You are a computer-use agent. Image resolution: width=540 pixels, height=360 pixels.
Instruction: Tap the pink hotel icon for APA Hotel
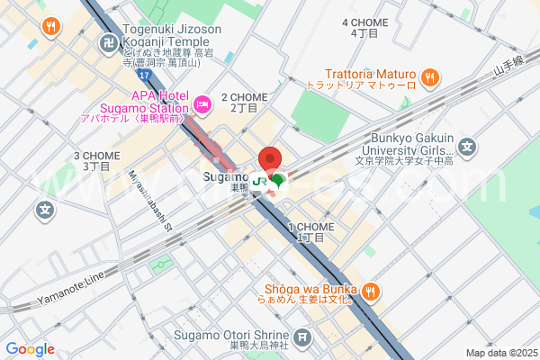tap(202, 105)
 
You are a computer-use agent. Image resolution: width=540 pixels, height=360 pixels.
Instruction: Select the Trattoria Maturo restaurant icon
tap(431, 77)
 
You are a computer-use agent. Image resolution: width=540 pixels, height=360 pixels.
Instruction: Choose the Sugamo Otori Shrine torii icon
tap(302, 337)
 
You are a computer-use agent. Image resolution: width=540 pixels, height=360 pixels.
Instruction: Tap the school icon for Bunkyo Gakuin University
tap(467, 146)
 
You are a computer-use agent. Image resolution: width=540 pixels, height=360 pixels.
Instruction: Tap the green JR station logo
tap(259, 181)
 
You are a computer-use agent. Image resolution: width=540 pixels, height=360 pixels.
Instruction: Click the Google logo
tap(30, 349)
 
